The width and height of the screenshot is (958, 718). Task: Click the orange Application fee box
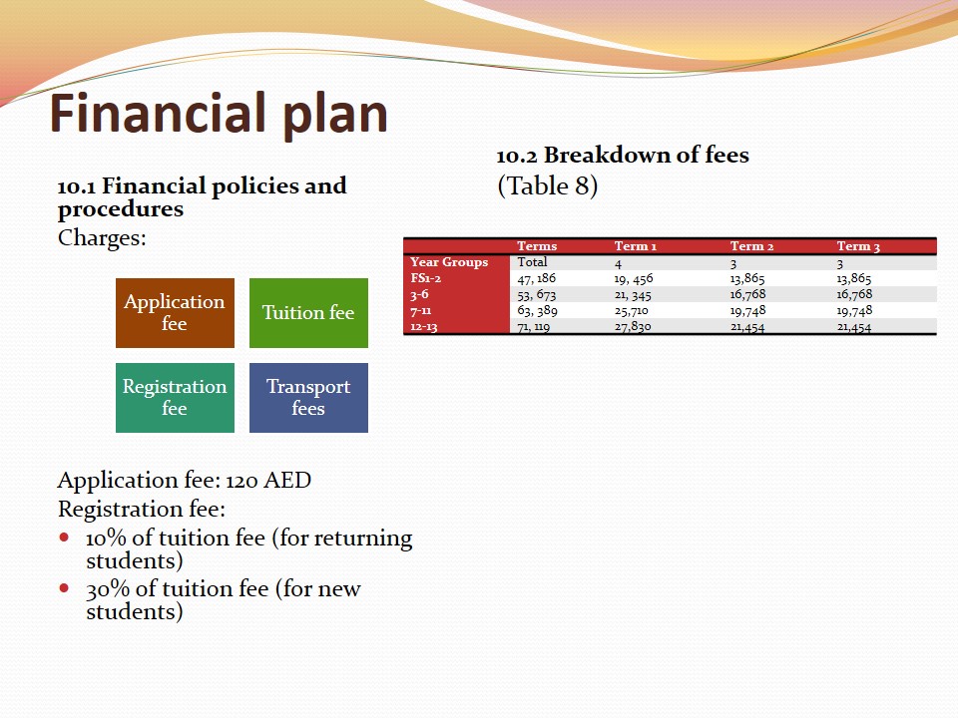pos(175,313)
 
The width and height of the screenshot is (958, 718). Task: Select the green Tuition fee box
pos(308,313)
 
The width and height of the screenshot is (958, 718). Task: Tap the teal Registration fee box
pos(175,398)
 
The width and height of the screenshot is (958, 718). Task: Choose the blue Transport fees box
pos(308,398)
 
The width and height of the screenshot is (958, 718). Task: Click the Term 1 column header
pos(636,246)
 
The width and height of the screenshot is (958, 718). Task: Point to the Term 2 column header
pos(751,246)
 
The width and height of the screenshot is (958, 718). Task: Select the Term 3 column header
pos(858,246)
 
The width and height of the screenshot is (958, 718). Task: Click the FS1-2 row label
pos(425,278)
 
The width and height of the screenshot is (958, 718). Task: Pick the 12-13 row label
pos(423,327)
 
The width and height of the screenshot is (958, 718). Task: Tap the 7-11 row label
pos(420,311)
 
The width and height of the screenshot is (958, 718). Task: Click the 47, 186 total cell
pos(537,278)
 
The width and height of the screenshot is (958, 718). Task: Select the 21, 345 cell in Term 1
pos(633,295)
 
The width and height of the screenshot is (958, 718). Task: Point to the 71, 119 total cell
pos(533,327)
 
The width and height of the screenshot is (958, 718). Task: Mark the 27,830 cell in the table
pos(633,327)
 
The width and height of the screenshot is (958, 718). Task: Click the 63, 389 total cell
pos(537,311)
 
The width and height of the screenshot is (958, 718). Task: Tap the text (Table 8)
pos(548,186)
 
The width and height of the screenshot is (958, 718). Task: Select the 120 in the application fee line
pos(241,481)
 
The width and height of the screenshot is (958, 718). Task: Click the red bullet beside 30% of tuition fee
pos(64,588)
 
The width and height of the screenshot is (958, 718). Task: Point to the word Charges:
pos(102,237)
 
